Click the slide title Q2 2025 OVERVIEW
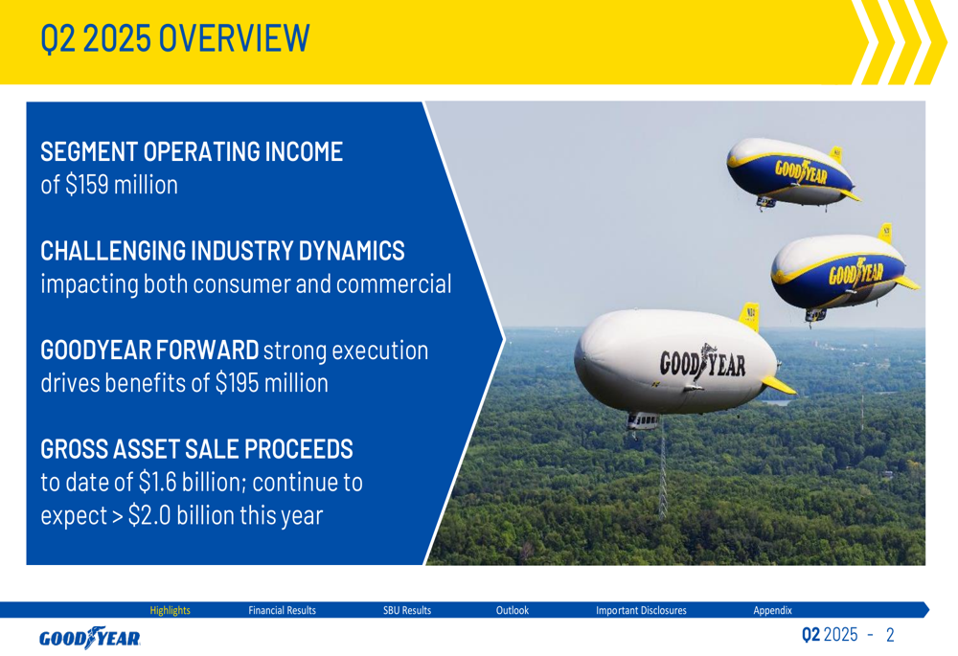coord(174,38)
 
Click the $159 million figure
coord(121,185)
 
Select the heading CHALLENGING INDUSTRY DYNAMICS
coord(222,251)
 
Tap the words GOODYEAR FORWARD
coord(149,350)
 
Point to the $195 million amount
coord(272,383)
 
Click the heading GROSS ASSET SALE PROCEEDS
coord(196,449)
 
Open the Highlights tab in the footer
coord(170,610)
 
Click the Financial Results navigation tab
coord(282,610)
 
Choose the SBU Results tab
coord(407,610)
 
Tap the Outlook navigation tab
coord(512,610)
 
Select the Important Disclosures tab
coord(641,610)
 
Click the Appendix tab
coord(772,610)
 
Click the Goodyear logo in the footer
coord(90,638)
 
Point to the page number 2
coord(890,635)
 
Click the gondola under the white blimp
coord(643,420)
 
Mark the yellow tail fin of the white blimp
coord(750,316)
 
